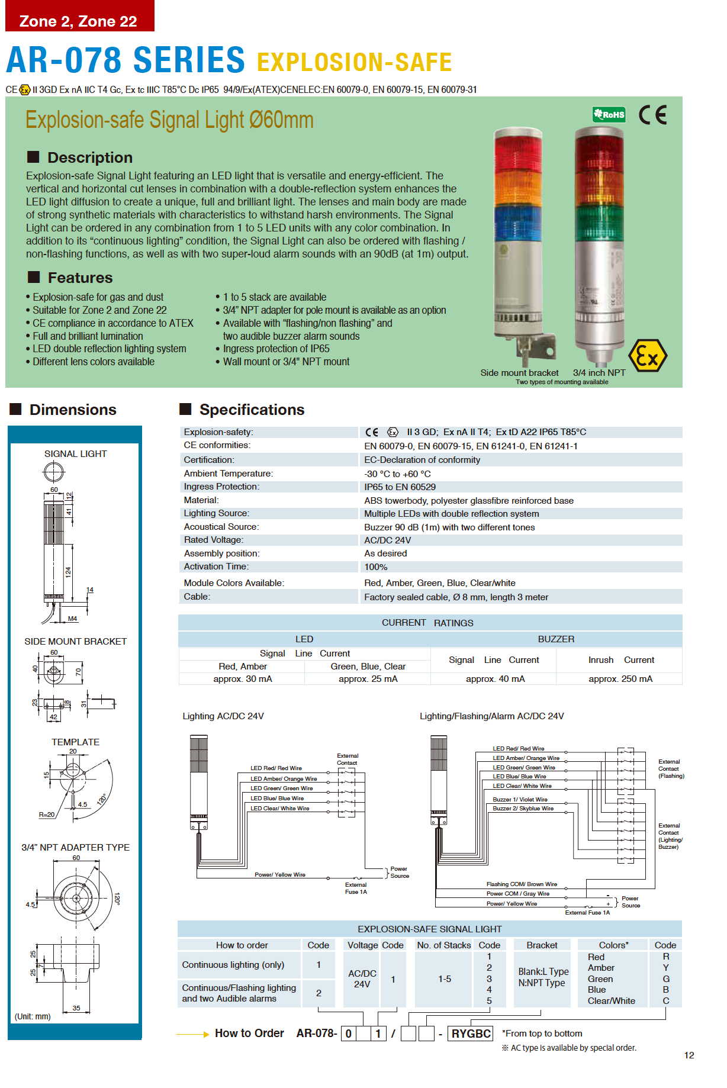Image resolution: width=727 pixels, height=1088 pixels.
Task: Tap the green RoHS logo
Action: [609, 114]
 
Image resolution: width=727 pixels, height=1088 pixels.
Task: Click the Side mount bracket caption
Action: [519, 373]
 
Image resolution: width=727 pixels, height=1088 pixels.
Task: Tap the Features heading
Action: [80, 278]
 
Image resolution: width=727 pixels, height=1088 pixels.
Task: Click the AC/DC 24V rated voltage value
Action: [387, 540]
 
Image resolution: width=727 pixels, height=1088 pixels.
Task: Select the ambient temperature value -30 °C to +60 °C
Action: [397, 474]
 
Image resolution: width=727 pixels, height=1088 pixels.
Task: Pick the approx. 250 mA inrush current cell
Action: [620, 679]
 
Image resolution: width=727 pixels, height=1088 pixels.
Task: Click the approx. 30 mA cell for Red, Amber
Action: [243, 679]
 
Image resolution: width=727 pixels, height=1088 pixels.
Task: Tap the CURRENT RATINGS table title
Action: [427, 623]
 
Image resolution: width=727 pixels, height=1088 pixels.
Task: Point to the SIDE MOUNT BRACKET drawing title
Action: [75, 642]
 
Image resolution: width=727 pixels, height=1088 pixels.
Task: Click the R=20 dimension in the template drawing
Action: [47, 815]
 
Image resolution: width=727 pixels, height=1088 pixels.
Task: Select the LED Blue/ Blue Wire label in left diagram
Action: [276, 799]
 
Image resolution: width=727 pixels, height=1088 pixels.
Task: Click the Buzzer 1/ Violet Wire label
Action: [520, 800]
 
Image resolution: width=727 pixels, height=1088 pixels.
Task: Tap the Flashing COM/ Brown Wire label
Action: [522, 884]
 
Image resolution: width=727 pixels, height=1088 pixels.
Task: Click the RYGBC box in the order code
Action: [471, 1034]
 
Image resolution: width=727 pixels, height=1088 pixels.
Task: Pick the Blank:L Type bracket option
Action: [543, 972]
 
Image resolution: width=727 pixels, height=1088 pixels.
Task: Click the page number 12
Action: [689, 1055]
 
